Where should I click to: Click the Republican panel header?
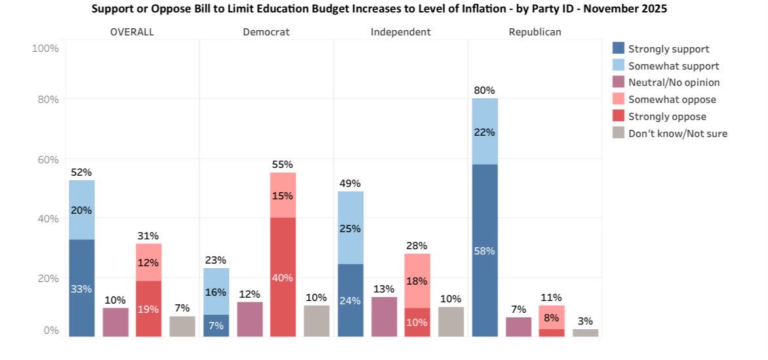click(535, 31)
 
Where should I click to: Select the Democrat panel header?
click(266, 31)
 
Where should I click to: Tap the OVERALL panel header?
click(132, 31)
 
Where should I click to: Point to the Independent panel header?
click(401, 31)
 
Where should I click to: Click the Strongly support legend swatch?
click(618, 49)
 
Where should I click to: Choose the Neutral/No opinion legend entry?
click(674, 83)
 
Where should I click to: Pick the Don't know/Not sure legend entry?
click(677, 134)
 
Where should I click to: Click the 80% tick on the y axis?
click(47, 100)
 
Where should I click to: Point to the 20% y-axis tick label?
click(47, 278)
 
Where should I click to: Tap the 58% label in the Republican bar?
click(485, 251)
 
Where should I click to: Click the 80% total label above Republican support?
click(485, 90)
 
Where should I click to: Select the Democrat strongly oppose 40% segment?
click(283, 277)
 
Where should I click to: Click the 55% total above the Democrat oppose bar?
click(283, 165)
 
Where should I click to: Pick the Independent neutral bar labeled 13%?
click(384, 317)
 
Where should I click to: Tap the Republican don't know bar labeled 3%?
click(585, 332)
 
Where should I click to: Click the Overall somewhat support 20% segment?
click(81, 210)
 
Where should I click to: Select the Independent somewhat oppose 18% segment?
click(417, 281)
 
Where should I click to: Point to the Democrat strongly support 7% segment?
click(216, 326)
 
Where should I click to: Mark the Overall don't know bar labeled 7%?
click(182, 327)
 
